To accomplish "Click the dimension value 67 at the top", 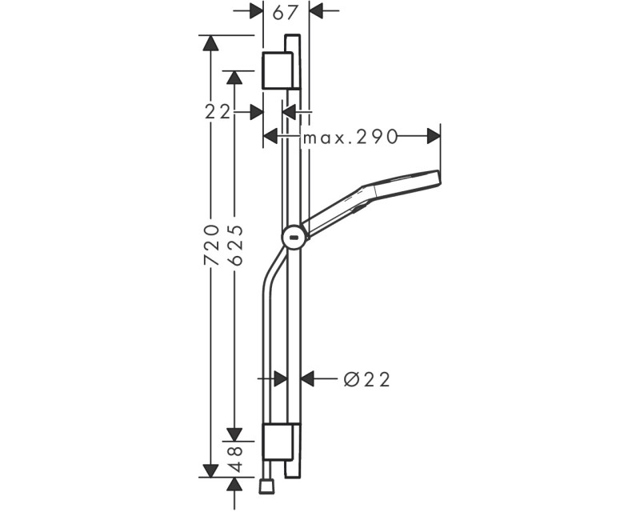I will point(286,12).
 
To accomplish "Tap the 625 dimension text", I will point(234,245).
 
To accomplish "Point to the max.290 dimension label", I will point(350,137).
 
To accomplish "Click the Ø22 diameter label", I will point(367,379).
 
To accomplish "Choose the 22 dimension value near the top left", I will point(218,112).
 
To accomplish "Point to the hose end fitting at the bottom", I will point(267,485).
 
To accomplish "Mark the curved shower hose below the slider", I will point(267,304).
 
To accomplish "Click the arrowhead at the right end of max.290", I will point(434,137).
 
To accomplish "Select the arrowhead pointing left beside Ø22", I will point(308,379).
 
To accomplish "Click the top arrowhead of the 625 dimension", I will point(234,77).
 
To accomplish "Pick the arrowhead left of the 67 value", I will point(256,11).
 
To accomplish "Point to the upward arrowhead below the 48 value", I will point(234,484).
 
